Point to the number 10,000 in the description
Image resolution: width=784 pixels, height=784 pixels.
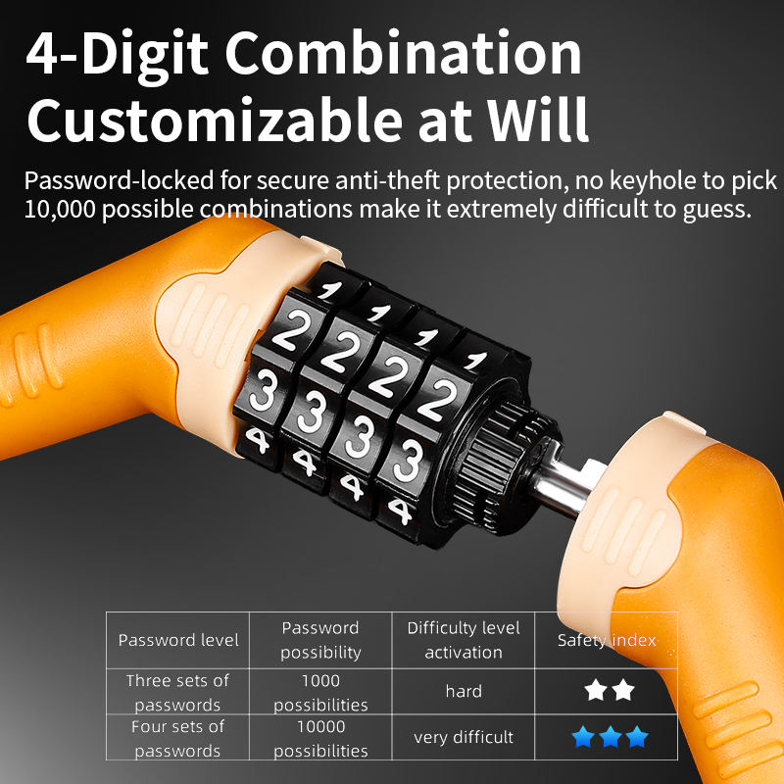click(x=60, y=209)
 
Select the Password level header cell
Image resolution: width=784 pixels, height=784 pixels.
click(x=178, y=640)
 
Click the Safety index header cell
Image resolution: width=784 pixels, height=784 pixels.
click(x=607, y=640)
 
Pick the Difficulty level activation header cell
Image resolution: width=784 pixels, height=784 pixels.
click(x=464, y=640)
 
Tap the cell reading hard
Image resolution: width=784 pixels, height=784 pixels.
click(x=464, y=691)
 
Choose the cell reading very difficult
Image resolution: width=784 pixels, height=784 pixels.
click(x=464, y=737)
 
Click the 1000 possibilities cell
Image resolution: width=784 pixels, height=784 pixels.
click(x=320, y=692)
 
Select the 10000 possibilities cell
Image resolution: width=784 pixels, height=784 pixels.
click(x=320, y=738)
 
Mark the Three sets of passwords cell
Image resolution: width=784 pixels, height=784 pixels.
click(x=178, y=692)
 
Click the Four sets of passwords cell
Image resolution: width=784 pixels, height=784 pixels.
click(x=178, y=738)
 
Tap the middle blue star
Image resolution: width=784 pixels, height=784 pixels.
click(x=610, y=737)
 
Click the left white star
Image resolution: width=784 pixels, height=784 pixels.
click(x=596, y=690)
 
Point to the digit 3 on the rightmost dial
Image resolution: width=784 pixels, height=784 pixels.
click(x=409, y=461)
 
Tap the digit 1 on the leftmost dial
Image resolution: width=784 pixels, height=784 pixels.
click(x=329, y=289)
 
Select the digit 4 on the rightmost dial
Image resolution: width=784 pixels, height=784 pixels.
click(x=400, y=511)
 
